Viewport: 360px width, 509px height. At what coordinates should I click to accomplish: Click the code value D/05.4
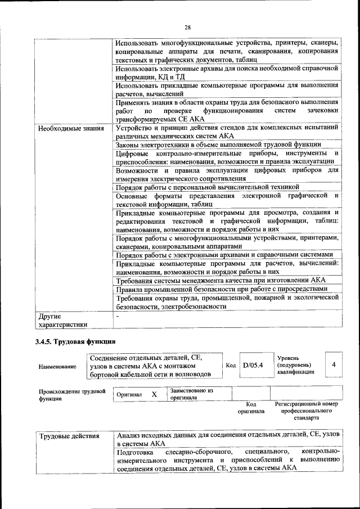(253, 366)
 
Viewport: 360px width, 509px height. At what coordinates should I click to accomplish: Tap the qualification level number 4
(334, 365)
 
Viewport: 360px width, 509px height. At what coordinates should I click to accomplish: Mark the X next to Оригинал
(154, 394)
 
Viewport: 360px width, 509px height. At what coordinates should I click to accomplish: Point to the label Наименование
(57, 367)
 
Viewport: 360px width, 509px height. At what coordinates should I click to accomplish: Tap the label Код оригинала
(251, 407)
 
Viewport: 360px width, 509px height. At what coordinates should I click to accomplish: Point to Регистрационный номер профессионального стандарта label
(306, 411)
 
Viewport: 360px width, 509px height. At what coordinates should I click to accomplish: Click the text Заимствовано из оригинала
(191, 393)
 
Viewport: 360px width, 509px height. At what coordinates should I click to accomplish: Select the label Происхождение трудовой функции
(71, 394)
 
